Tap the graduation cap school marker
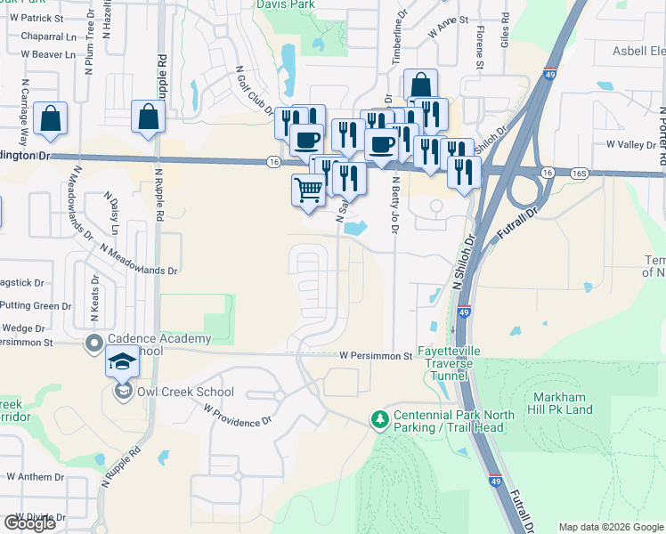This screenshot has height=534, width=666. click(x=123, y=361)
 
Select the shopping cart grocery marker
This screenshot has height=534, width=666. click(x=308, y=190)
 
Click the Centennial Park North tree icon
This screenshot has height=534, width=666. click(x=380, y=418)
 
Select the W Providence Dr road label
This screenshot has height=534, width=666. click(x=236, y=416)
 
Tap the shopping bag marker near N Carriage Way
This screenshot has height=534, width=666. click(x=51, y=119)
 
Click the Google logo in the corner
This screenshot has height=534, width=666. click(x=29, y=523)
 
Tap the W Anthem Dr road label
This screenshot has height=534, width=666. click(x=36, y=476)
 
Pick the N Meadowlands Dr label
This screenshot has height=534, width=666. click(x=138, y=260)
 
